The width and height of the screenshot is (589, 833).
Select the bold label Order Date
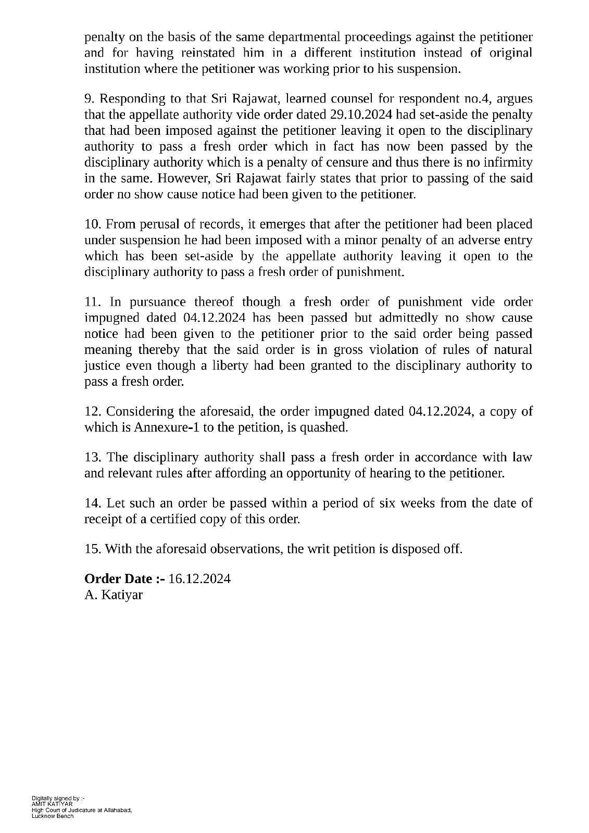coord(124,578)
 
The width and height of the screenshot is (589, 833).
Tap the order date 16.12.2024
coord(199,578)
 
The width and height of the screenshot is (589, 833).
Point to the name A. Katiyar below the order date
coord(113,595)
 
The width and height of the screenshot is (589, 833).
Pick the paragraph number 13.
coord(93,457)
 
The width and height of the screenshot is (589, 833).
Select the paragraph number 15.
coord(93,549)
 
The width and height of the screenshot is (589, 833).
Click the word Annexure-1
coord(165,427)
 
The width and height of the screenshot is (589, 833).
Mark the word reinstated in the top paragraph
coord(200,53)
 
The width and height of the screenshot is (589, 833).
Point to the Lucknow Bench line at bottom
coord(53,816)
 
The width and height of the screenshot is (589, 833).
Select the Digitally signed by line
coord(58,798)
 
